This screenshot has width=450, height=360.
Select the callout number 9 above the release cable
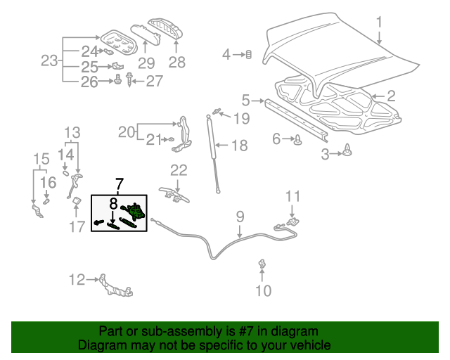pyautogui.click(x=239, y=216)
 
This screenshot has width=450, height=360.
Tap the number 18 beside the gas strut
pyautogui.click(x=239, y=146)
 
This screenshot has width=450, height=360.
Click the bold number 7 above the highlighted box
pyautogui.click(x=117, y=186)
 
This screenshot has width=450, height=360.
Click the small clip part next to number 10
pyautogui.click(x=262, y=264)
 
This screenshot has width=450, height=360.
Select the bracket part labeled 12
pyautogui.click(x=112, y=284)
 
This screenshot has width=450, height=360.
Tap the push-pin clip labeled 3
pyautogui.click(x=349, y=149)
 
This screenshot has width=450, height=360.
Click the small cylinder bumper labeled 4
pyautogui.click(x=248, y=54)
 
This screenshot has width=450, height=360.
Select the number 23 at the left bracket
pyautogui.click(x=49, y=61)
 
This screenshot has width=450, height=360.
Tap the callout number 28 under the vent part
pyautogui.click(x=176, y=63)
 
